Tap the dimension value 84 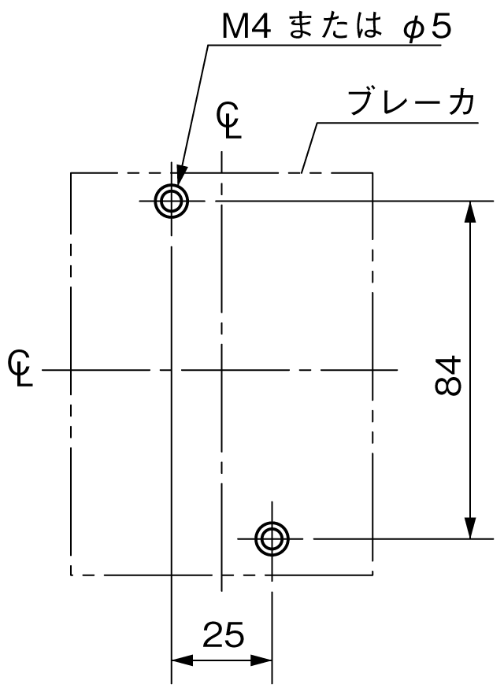pos(447,375)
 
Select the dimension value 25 pos(224,634)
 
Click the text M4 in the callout pos(246,28)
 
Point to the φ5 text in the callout pos(428,28)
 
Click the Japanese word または pos(335,27)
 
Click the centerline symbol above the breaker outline pos(229,120)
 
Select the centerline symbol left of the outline pos(20,368)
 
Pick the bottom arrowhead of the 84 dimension pos(470,529)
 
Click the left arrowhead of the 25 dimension pos(182,660)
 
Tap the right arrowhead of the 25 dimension pos(261,660)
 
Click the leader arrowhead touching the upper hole pos(181,175)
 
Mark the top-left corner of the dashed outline pos(71,172)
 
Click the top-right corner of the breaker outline pos(372,172)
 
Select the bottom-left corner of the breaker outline pos(71,575)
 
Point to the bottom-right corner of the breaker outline pos(372,575)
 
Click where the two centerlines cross pos(221,369)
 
